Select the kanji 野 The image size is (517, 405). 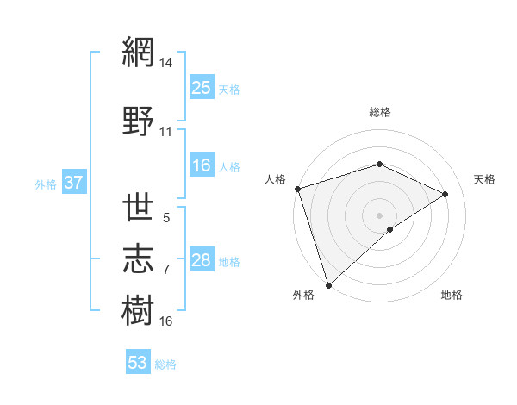point(139,120)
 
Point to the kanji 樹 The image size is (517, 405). point(139,308)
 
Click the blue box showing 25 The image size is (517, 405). point(202,88)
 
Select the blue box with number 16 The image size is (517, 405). point(202,165)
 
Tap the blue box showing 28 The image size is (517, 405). point(202,260)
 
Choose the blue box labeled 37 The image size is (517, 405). point(73,183)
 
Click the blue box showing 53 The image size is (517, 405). point(138,363)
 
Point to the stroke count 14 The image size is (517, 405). point(166,63)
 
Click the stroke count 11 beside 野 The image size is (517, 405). point(166,132)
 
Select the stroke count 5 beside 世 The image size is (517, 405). point(166,219)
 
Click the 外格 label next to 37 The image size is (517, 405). point(46,184)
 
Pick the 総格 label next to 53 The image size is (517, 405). point(165,364)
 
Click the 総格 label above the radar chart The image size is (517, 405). point(379,112)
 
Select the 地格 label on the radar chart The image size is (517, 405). point(452,296)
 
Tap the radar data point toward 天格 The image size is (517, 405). point(445,194)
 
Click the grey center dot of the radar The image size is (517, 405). point(379,215)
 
